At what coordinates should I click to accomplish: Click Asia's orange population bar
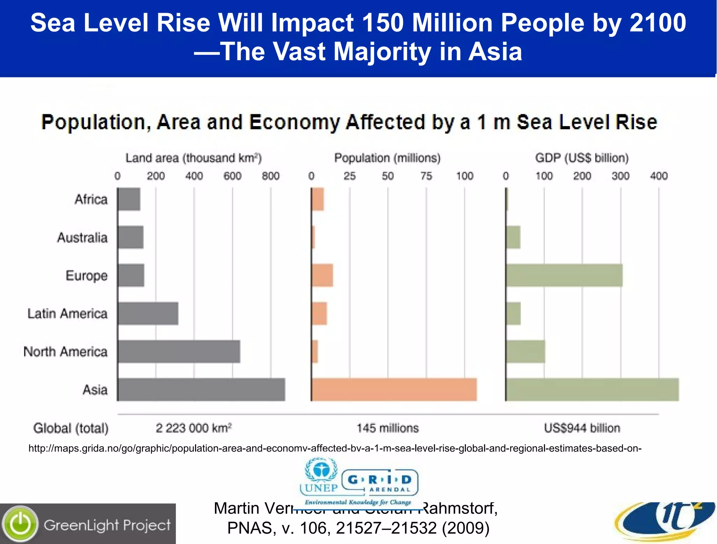coord(394,390)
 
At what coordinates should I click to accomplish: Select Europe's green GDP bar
coord(564,275)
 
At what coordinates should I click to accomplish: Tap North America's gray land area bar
coord(179,351)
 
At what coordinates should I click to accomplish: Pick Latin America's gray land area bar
coord(148,314)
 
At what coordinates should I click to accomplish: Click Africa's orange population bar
coord(318,199)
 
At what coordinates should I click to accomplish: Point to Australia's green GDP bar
coord(513,237)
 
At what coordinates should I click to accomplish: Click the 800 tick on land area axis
coord(271,176)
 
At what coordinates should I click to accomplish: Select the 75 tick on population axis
coord(426,176)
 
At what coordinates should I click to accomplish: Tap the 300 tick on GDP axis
coord(620,176)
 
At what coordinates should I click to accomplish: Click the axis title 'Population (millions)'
coord(387,158)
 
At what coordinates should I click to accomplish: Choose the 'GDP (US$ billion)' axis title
coord(582,158)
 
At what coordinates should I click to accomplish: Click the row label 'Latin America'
coord(68,314)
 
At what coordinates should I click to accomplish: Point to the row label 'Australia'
coord(82,237)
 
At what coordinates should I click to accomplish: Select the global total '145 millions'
coord(388,428)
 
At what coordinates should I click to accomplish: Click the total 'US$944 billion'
coord(582,428)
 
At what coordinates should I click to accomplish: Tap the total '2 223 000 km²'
coord(194,428)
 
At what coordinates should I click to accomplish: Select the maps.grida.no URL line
coord(335,448)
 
